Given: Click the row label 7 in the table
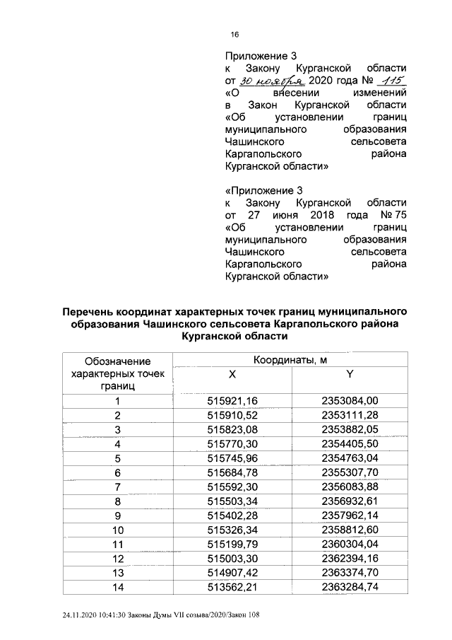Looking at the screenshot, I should pos(118,487).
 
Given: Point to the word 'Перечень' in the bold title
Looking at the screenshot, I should pos(90,312).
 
